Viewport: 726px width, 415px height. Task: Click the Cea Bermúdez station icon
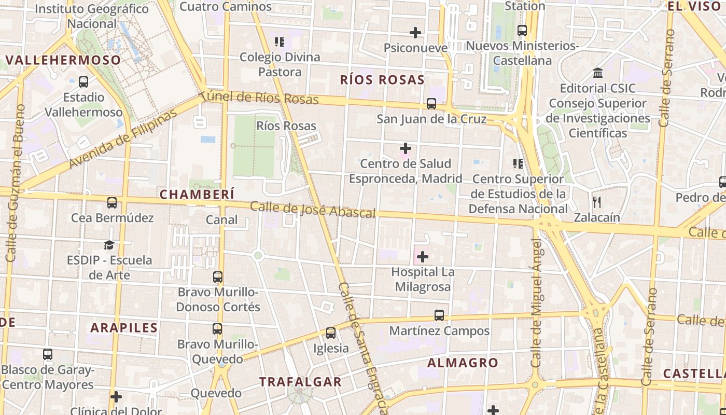(x=112, y=203)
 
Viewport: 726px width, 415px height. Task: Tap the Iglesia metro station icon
(x=331, y=333)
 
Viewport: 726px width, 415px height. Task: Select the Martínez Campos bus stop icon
(x=439, y=315)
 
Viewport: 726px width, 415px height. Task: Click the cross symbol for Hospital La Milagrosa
(x=423, y=256)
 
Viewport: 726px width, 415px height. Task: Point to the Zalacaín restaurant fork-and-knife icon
(x=596, y=202)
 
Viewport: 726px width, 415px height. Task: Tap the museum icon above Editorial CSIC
(x=597, y=73)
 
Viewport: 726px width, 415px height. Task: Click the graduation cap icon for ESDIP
(x=109, y=245)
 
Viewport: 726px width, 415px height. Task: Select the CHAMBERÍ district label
(x=197, y=194)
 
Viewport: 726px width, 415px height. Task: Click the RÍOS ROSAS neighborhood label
(x=382, y=80)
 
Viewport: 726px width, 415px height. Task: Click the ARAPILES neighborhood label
(x=124, y=328)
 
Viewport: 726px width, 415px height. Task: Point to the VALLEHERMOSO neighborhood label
(x=63, y=60)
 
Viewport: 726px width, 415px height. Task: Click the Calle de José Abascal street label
(x=313, y=210)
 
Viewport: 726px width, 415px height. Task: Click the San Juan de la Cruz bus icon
(x=431, y=104)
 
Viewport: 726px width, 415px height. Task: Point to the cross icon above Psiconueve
(x=415, y=33)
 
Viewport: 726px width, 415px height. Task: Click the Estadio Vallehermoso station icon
(x=83, y=82)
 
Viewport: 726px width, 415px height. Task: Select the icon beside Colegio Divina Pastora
(x=280, y=42)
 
